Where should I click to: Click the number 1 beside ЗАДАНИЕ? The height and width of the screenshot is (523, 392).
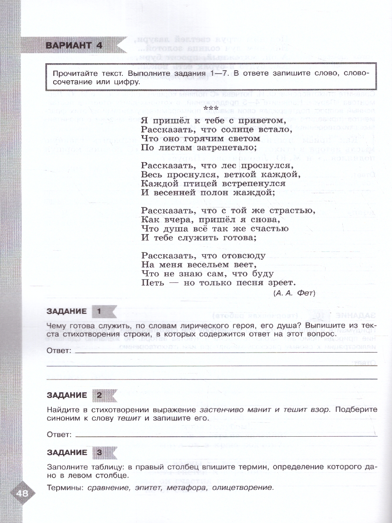tap(99, 311)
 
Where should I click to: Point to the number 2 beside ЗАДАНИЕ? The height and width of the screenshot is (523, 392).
tap(99, 395)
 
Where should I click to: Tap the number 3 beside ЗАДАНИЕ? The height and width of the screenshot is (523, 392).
tap(99, 452)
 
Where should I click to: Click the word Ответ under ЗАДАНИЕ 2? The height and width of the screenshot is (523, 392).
tap(59, 435)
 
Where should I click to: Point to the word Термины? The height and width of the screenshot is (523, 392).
tap(64, 488)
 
